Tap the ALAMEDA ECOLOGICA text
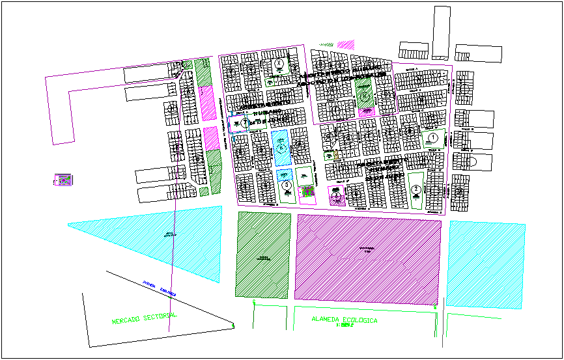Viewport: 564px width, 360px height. pos(345,320)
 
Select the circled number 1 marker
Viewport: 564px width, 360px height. pos(432,137)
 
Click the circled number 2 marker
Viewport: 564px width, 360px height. pos(416,189)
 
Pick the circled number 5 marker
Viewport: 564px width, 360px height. pos(287,184)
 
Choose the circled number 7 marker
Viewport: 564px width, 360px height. pos(245,122)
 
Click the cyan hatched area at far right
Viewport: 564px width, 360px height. pos(486,264)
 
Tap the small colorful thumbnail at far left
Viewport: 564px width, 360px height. pos(63,179)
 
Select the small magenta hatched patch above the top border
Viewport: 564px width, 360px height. pos(346,45)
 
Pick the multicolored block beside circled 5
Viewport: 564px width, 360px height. pos(307,191)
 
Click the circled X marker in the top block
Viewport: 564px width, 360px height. pos(279,63)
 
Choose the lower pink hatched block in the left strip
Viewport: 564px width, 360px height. pos(210,137)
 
